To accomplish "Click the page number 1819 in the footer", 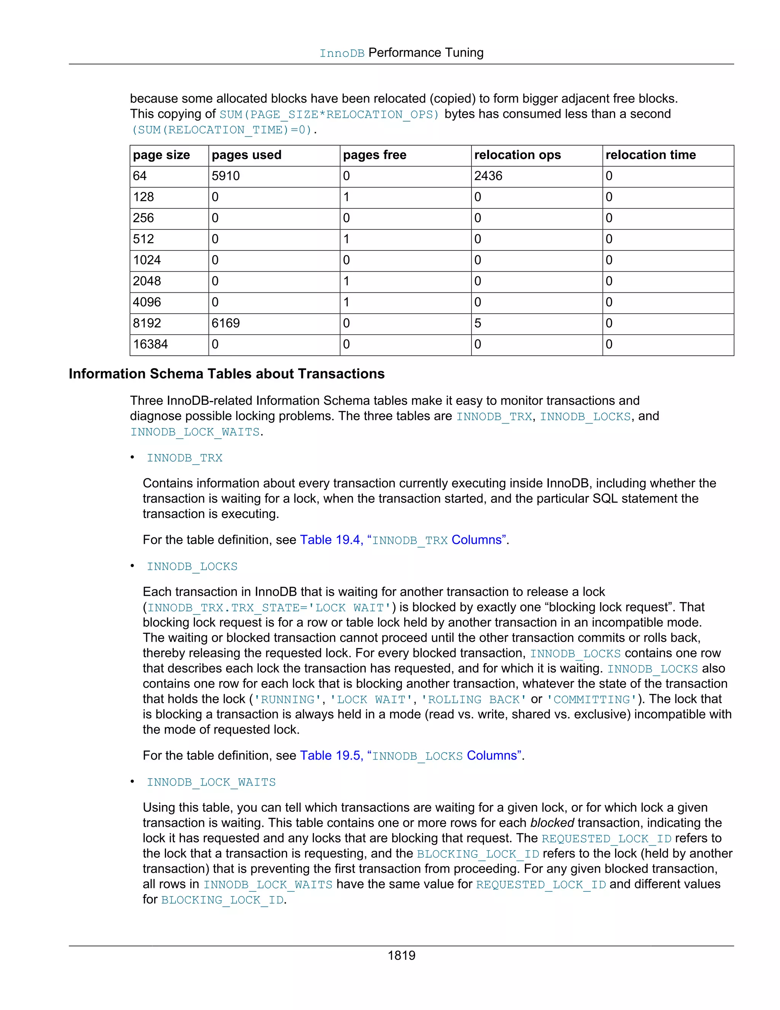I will pyautogui.click(x=401, y=955).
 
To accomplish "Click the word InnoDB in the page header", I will pyautogui.click(x=342, y=54).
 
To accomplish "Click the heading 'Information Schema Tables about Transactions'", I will pyautogui.click(x=227, y=374).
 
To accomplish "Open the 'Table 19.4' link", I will pyautogui.click(x=330, y=540).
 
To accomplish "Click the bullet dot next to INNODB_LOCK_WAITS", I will pyautogui.click(x=133, y=782).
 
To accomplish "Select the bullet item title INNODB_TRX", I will pyautogui.click(x=184, y=458).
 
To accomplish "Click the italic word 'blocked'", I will pyautogui.click(x=552, y=823).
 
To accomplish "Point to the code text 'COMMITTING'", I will pyautogui.click(x=591, y=700).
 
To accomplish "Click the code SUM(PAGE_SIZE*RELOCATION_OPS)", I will pyautogui.click(x=329, y=115).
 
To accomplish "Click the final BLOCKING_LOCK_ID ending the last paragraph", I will pyautogui.click(x=222, y=900).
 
